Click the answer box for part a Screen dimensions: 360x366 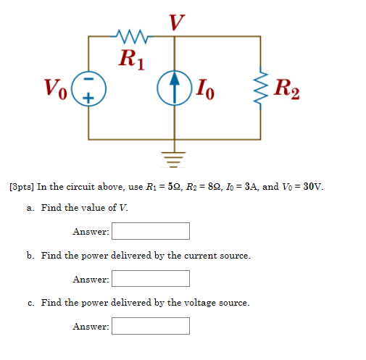click(150, 231)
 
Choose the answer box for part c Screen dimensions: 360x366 click(150, 327)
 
